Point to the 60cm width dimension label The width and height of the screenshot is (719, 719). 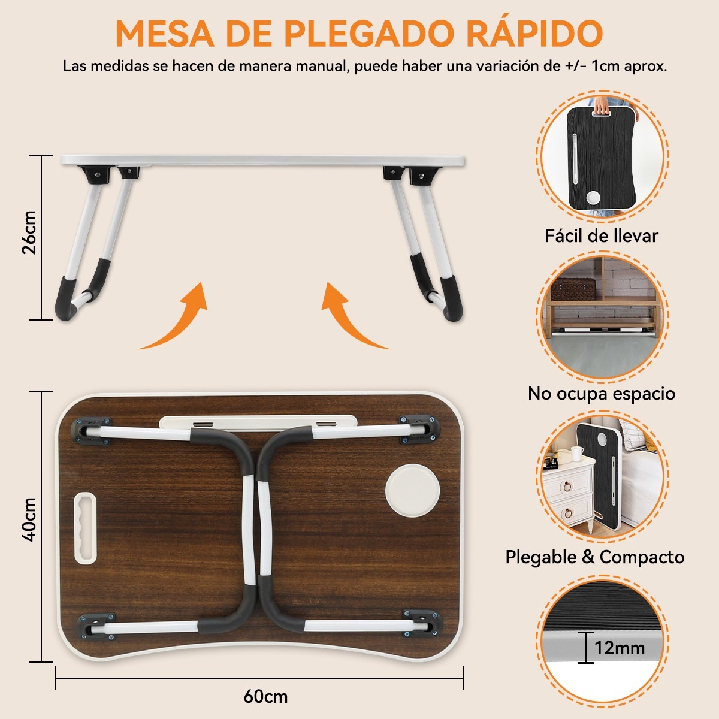265,697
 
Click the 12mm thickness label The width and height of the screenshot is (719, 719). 620,648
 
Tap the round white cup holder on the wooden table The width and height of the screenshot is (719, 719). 412,488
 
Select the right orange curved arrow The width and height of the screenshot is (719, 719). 351,318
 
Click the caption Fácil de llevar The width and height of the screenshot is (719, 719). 601,235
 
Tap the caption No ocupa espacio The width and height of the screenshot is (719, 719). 601,394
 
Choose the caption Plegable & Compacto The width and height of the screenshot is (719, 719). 594,557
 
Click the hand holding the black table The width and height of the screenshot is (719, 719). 601,106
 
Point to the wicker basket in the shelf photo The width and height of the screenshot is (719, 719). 572,289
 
